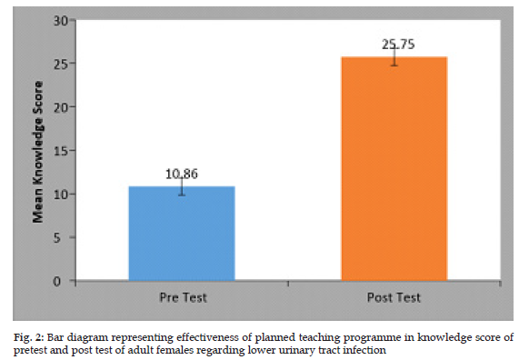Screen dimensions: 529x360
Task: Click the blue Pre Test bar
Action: coord(182,233)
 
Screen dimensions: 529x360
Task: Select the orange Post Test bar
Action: coord(394,169)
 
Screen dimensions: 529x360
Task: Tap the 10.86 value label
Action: coord(182,175)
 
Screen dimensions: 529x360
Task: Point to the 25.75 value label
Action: coord(398,45)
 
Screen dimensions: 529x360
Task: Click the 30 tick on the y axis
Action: coord(61,21)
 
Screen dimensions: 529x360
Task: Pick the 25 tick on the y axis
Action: coord(61,64)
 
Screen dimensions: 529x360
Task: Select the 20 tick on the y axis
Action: coord(61,107)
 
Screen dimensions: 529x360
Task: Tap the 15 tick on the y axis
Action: coord(61,151)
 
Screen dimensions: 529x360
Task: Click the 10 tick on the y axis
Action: coord(61,195)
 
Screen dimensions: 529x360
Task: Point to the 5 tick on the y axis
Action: coord(57,238)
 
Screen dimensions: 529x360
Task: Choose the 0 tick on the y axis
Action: coord(57,281)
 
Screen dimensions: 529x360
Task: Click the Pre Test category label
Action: coord(183,297)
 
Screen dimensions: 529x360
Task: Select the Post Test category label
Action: coord(394,297)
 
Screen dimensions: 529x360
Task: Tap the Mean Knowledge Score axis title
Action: coord(38,152)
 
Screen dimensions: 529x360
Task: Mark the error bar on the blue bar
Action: coord(182,186)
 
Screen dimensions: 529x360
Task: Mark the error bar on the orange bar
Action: coord(394,56)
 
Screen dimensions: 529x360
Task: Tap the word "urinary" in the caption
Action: coord(297,351)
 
